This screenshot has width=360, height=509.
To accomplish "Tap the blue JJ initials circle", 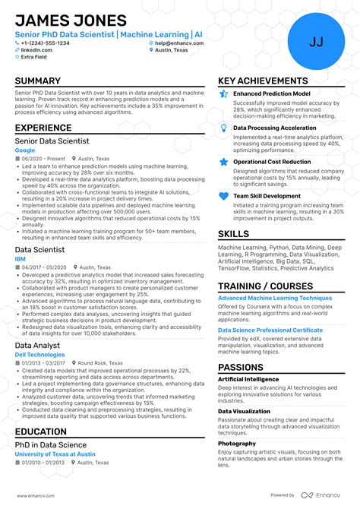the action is click(316, 42).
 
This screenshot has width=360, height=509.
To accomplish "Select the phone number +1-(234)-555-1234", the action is click(45, 43).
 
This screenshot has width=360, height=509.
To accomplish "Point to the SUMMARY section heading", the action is click(37, 81).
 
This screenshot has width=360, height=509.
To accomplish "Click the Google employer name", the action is click(24, 150).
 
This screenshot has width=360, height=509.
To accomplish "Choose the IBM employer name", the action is click(21, 258).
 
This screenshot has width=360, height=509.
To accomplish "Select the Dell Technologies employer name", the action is click(39, 355).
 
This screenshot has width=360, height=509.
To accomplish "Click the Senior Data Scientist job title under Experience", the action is click(52, 141).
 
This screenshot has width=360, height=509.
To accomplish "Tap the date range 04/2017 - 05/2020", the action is click(44, 267).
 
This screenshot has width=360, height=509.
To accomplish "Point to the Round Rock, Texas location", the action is click(99, 363).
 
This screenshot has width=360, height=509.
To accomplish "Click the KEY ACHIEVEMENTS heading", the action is click(263, 81).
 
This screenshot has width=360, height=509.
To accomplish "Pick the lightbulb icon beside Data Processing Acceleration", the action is click(223, 128).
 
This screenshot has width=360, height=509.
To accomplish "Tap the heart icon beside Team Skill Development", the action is click(223, 196).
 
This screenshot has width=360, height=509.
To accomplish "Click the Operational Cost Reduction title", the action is click(272, 162).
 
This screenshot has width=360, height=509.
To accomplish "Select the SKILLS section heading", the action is click(233, 234).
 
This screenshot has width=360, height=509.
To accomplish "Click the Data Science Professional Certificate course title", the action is click(270, 330).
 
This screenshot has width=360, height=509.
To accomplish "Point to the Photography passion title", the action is click(237, 443).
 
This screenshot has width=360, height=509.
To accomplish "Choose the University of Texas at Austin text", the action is click(55, 454).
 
